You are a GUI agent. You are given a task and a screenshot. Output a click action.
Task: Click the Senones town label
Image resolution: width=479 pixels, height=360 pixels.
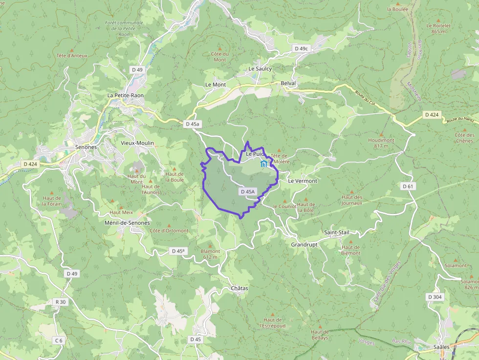tap(86, 147)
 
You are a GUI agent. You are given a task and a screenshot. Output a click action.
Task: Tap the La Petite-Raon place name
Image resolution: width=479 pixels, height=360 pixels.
tap(126, 95)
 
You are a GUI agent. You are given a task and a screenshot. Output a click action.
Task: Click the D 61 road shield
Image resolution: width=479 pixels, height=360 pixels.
tap(408, 186)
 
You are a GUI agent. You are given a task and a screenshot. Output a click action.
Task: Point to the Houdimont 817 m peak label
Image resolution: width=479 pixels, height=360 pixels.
tap(381, 143)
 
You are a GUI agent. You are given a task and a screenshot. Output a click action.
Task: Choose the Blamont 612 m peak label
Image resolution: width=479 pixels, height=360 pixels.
tap(210, 254)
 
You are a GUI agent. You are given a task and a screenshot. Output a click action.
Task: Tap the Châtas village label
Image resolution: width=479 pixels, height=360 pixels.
tap(239, 288)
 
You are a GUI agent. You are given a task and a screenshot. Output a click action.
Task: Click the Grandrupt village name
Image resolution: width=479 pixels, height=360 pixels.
tap(304, 244)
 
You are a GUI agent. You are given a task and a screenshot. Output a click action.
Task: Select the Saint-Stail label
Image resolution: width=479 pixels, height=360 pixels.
tap(337, 233)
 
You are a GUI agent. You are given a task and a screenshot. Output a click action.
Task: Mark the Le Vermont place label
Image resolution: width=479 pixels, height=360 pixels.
tap(303, 181)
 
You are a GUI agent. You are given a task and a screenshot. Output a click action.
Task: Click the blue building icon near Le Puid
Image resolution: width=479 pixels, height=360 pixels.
tap(264, 164)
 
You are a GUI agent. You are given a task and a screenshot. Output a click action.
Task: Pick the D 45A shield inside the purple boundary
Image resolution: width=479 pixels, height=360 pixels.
tap(248, 192)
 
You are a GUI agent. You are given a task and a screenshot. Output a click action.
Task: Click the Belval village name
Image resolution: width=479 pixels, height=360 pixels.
tap(288, 84)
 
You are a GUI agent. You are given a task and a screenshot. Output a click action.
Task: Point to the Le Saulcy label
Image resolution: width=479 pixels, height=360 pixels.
tap(260, 69)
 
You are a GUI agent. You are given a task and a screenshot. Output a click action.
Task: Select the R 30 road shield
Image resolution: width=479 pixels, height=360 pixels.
tap(61, 302)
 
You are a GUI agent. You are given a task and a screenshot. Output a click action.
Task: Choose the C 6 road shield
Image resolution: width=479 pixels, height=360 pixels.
tap(59, 340)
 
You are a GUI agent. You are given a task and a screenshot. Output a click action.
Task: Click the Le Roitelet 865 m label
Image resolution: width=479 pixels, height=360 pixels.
tap(438, 28)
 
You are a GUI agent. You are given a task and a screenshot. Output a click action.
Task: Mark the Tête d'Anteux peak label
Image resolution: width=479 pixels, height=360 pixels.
tap(72, 56)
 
